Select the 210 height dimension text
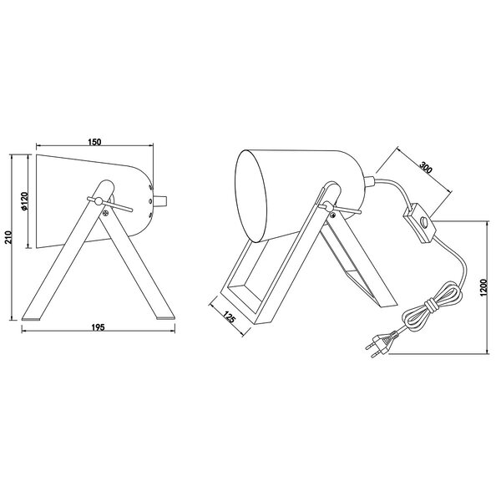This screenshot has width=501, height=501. pos(8,237)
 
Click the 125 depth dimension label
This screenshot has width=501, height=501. pos(232,317)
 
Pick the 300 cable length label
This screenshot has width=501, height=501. pos(426,166)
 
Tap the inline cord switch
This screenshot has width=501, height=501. pos(422,223)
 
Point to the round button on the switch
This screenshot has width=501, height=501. pos(425,223)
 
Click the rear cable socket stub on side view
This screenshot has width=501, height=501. pos(163,200)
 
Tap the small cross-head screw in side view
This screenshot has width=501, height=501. pos(106,211)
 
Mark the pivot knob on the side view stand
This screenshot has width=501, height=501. pos(98,201)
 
